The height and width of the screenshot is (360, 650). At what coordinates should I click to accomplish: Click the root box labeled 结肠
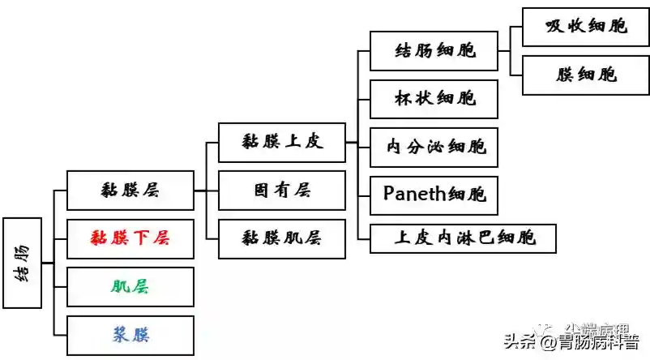tap(22, 263)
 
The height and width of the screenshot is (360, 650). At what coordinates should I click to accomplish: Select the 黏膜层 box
tap(130, 191)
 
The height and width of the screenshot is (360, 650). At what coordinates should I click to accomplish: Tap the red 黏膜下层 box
tap(130, 238)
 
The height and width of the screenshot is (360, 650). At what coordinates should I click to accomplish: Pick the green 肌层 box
tap(130, 286)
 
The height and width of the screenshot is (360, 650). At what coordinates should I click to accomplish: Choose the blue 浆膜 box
tap(130, 334)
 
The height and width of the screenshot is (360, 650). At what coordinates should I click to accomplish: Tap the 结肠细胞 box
tap(434, 52)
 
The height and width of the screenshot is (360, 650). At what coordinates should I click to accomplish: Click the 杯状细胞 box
tap(434, 99)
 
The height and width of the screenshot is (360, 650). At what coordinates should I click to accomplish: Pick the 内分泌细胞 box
tap(434, 147)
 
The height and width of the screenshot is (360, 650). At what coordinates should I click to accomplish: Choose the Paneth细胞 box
tap(434, 195)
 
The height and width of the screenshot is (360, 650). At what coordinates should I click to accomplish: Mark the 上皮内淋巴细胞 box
tap(464, 238)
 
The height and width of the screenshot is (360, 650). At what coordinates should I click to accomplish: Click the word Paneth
tap(417, 195)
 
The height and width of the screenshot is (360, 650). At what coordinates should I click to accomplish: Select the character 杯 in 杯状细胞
tap(403, 99)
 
